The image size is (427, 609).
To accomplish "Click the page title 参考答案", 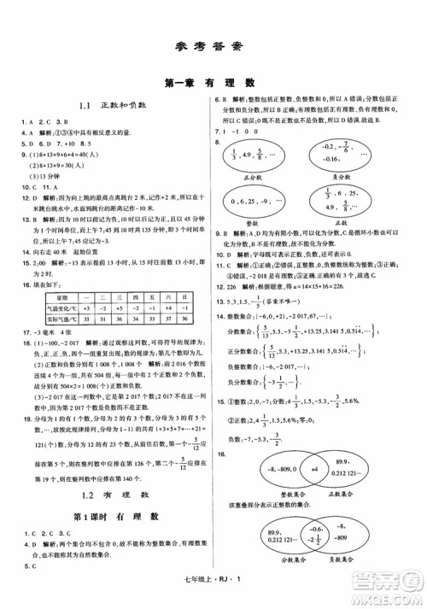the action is (x=213, y=47).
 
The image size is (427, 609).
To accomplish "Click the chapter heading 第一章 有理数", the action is (x=213, y=83).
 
